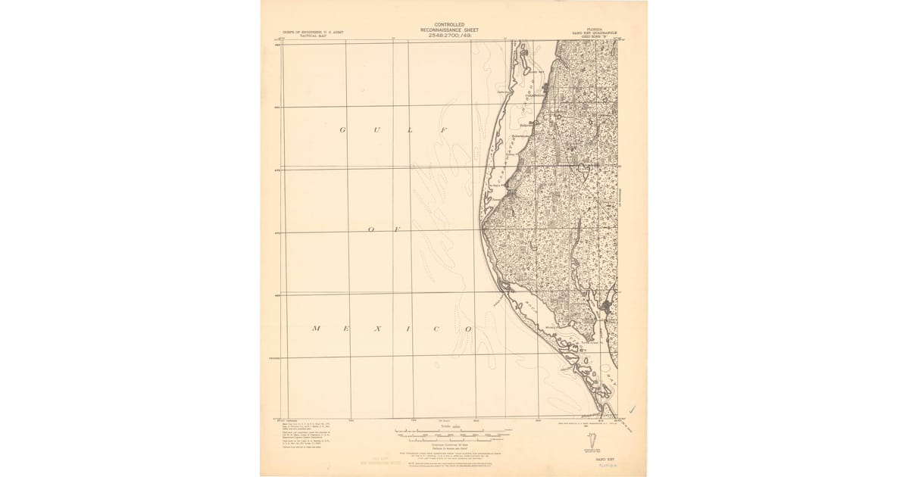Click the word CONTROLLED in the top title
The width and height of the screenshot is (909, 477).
(449, 25)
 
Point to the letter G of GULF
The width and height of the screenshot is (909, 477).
(342, 130)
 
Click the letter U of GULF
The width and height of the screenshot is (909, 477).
(376, 130)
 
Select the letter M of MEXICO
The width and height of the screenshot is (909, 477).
(316, 329)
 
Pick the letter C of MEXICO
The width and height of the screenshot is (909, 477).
(438, 329)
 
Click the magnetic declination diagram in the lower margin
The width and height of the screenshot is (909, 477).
(595, 440)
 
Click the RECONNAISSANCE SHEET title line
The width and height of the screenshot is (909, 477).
(449, 30)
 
